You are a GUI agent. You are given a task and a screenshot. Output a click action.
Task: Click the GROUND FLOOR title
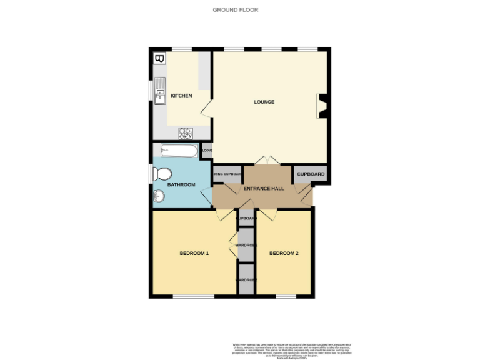point(235,10)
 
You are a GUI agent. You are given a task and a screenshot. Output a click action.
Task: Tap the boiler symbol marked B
point(159,59)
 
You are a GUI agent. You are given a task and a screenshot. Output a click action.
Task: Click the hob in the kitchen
point(185,132)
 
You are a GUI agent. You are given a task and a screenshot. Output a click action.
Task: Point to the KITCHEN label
point(181,96)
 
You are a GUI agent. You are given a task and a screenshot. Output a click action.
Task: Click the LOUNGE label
point(264,102)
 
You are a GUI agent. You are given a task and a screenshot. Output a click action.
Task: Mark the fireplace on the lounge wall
point(322,106)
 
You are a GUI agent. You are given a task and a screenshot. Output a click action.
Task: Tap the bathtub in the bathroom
point(179,151)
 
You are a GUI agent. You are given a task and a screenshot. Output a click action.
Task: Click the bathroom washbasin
point(158,197)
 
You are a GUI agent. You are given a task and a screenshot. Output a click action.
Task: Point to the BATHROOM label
point(181,185)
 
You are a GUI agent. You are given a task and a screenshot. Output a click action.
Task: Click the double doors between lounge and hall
point(267,161)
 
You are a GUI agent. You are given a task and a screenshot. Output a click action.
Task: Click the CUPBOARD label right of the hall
point(311,174)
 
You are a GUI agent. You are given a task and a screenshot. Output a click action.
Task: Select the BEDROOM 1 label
point(194,253)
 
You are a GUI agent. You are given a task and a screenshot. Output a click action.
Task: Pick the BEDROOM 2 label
point(284,253)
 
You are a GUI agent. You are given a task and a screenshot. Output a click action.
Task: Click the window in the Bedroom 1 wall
point(193,296)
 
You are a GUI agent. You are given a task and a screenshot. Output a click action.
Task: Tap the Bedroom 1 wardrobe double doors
point(233,245)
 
